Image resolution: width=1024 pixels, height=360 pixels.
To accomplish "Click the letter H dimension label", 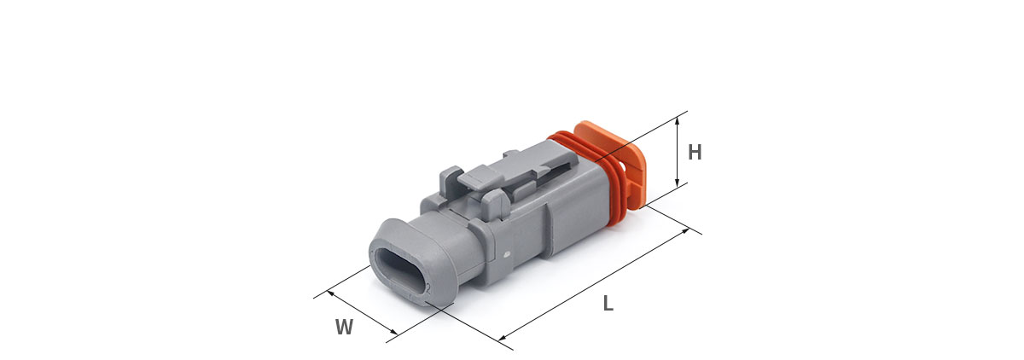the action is click(695, 152).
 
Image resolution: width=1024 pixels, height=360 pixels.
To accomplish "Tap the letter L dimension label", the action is click(608, 304).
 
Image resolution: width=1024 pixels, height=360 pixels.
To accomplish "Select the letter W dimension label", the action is click(344, 327).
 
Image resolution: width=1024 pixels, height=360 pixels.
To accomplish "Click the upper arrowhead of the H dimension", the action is click(678, 120).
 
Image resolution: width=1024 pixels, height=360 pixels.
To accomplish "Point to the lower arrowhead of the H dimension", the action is click(678, 183).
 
